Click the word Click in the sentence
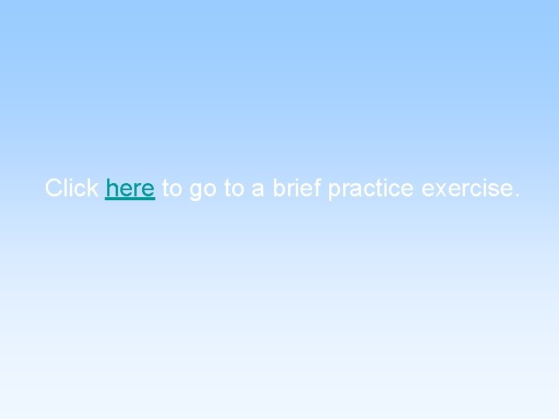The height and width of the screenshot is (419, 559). point(71,188)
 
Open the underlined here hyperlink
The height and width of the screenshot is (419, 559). point(130,188)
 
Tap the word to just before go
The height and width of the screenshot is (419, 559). point(172,188)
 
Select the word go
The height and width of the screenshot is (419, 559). point(202,190)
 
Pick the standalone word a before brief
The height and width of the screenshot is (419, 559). point(258,189)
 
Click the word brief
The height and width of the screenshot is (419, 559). point(297,188)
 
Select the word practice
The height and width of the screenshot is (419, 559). point(371,189)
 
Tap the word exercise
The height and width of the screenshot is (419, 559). point(465,188)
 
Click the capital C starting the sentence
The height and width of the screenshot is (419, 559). point(54,188)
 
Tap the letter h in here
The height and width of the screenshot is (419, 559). point(111,188)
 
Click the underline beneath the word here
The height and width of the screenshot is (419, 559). point(130,199)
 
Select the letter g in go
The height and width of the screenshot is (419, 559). point(195,191)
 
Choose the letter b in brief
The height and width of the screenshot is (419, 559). point(278,188)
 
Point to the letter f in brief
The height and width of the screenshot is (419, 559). point(318,187)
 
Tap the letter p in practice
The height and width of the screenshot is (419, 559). point(334,191)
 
